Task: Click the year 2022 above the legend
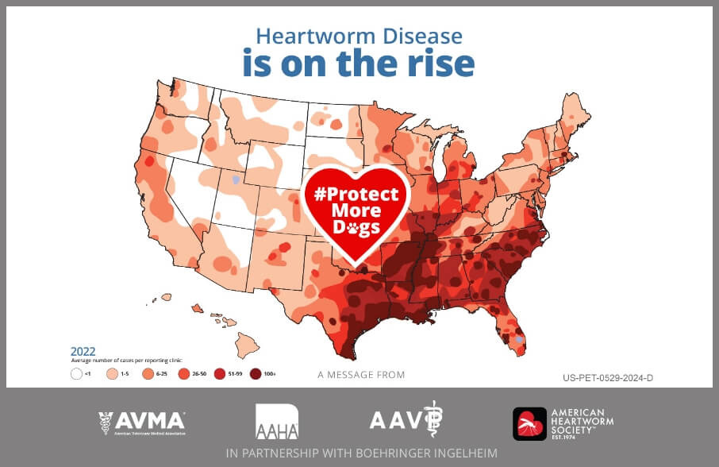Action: [83, 350]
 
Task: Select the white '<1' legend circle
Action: [76, 373]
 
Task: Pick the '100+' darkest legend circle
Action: [256, 373]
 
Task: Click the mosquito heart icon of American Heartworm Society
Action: [529, 423]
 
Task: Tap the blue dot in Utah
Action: [235, 180]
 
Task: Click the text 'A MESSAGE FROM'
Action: [360, 375]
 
